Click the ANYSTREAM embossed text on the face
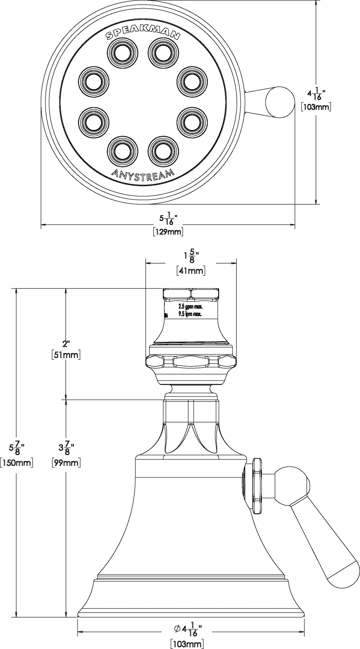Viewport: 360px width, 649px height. tap(143, 175)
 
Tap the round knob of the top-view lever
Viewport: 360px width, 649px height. tap(280, 102)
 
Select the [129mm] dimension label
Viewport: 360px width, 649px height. tap(168, 232)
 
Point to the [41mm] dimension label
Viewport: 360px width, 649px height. tap(191, 271)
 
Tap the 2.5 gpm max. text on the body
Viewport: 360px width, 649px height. tap(190, 307)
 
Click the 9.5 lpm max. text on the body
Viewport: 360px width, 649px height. tap(190, 314)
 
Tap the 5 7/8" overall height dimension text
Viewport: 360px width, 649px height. tap(16, 448)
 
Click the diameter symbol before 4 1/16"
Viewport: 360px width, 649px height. tap(177, 626)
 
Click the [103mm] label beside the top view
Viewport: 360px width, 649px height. tap(316, 107)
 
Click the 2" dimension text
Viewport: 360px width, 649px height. tap(66, 344)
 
